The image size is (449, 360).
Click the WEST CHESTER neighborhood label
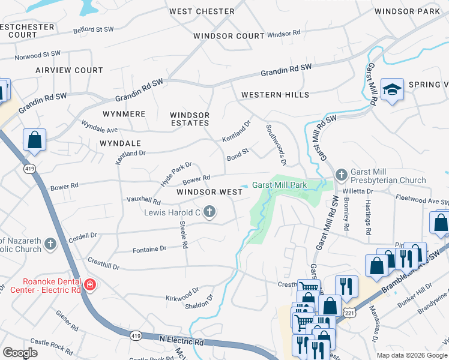click(202, 11)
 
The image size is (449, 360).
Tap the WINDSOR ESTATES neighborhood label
click(190, 119)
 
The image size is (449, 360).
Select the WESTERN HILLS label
click(275, 95)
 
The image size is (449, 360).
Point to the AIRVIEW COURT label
click(69, 70)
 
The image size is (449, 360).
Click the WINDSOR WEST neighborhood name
click(209, 192)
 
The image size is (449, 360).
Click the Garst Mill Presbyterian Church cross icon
click(342, 175)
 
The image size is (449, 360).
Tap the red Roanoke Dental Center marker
click(89, 284)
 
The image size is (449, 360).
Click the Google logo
click(20, 353)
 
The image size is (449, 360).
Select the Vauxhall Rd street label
click(143, 201)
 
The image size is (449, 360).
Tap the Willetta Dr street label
click(358, 191)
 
